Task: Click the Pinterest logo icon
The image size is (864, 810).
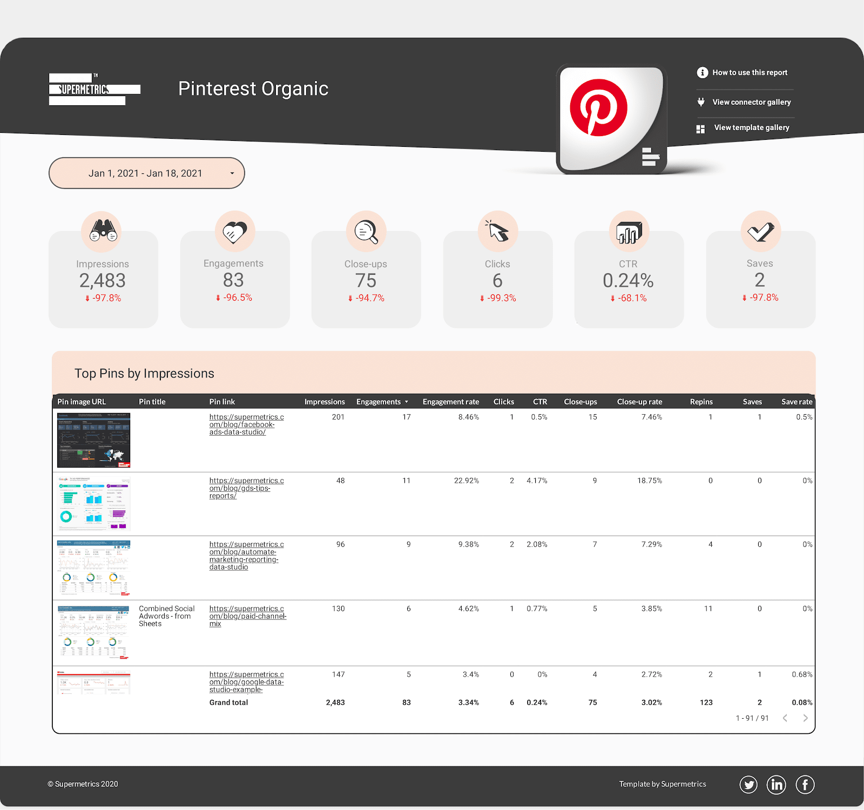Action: pyautogui.click(x=598, y=107)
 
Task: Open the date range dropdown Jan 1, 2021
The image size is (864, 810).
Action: pyautogui.click(x=146, y=173)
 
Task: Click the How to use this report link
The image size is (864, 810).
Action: pyautogui.click(x=750, y=72)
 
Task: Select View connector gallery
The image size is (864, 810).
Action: pyautogui.click(x=751, y=102)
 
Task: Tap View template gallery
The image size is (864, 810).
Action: pyautogui.click(x=751, y=128)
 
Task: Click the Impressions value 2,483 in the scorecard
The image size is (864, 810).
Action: pyautogui.click(x=103, y=281)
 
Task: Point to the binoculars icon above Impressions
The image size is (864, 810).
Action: pyautogui.click(x=103, y=231)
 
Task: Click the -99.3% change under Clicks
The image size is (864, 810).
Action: pyautogui.click(x=501, y=298)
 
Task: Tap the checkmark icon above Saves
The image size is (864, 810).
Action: pyautogui.click(x=760, y=231)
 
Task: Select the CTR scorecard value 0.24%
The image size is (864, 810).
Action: pyautogui.click(x=628, y=281)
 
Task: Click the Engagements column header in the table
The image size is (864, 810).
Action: pyautogui.click(x=379, y=402)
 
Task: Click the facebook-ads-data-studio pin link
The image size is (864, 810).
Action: pyautogui.click(x=246, y=424)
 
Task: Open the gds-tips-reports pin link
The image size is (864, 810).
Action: pyautogui.click(x=246, y=488)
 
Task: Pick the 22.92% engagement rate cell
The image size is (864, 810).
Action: pyautogui.click(x=466, y=481)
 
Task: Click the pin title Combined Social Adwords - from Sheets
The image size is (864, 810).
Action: pyautogui.click(x=166, y=616)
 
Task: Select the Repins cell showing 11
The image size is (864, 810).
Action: pyautogui.click(x=708, y=609)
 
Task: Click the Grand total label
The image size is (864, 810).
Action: pyautogui.click(x=228, y=703)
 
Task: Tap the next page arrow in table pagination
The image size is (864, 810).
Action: pyautogui.click(x=805, y=718)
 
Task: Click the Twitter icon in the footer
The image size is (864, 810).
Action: pyautogui.click(x=748, y=785)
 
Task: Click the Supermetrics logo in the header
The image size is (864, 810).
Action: pyautogui.click(x=94, y=89)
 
